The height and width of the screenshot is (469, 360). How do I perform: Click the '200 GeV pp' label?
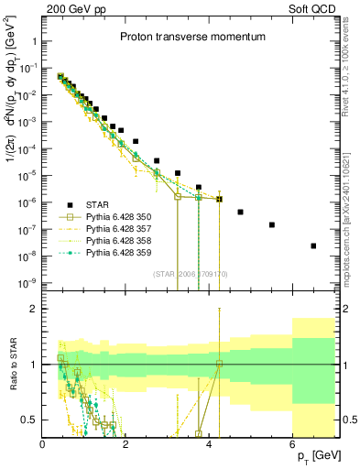tap(69, 8)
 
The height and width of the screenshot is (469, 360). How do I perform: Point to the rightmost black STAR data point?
tap(313, 245)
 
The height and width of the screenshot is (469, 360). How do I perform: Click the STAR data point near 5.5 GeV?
tap(271, 224)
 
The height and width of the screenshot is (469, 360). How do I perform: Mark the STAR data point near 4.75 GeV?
tap(240, 212)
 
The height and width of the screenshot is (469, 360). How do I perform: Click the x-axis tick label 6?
tap(292, 443)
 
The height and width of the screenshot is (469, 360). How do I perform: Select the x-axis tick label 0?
tap(43, 443)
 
